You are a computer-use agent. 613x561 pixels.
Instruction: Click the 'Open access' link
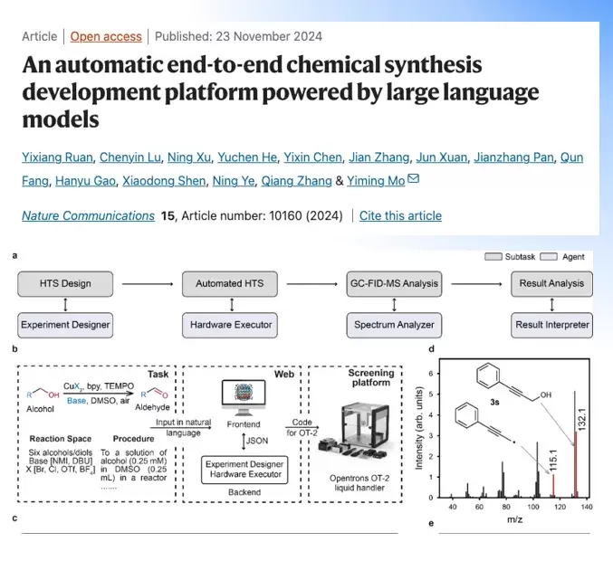coord(106,36)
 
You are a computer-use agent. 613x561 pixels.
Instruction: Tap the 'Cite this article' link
coord(400,215)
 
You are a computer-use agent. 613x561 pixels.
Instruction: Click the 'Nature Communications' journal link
coord(88,215)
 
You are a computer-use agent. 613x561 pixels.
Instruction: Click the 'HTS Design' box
coord(64,283)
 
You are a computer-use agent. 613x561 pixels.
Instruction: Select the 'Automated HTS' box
coord(230,283)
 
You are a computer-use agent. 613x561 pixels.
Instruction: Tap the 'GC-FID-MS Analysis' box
coord(393,283)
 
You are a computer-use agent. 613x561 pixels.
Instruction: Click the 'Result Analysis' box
coord(551,283)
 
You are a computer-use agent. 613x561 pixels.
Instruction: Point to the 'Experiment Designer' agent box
coord(64,324)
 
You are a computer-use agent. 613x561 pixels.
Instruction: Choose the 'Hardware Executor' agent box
coord(230,324)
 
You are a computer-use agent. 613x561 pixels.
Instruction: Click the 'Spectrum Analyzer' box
coord(393,324)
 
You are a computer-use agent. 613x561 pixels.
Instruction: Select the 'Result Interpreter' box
coord(551,324)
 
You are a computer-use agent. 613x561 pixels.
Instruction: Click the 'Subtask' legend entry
coord(512,257)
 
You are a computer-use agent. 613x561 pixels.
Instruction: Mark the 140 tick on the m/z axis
coord(586,509)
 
